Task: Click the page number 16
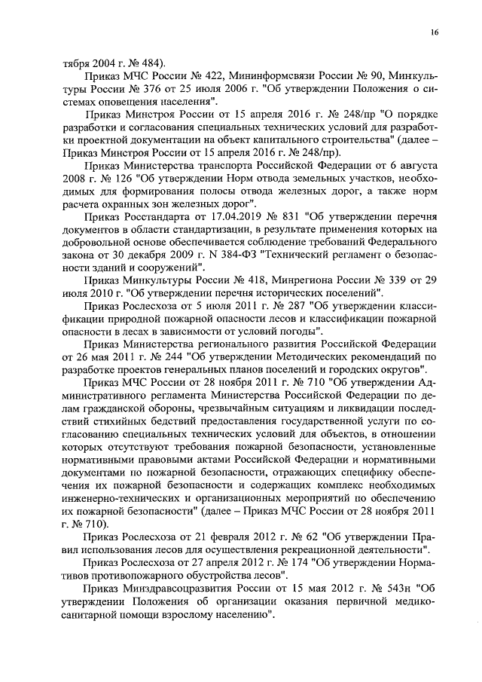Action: point(435,32)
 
